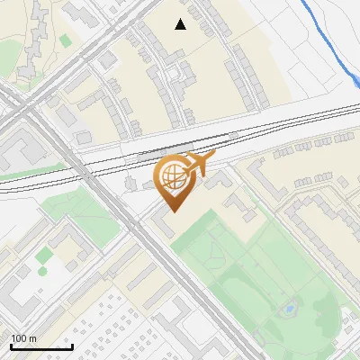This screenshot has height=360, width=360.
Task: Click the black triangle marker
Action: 181,24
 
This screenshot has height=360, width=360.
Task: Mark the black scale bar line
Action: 41,347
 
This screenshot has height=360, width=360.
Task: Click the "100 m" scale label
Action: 24,338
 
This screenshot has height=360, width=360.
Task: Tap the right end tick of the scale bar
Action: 72,346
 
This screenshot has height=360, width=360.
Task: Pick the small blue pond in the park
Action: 289,310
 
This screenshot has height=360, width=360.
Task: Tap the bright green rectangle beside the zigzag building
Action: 65,40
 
